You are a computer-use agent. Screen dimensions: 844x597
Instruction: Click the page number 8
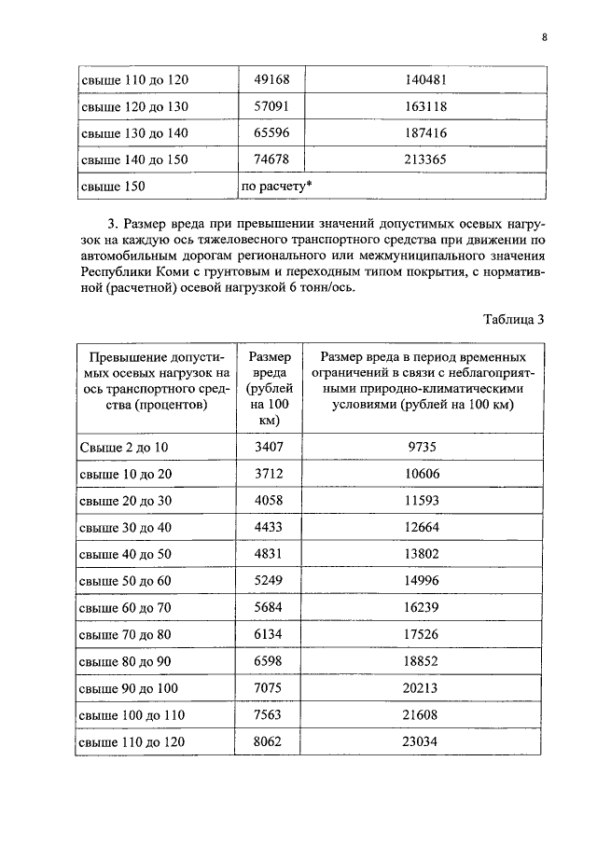[x=543, y=37]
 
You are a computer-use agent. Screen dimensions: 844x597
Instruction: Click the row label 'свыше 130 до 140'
[x=134, y=133]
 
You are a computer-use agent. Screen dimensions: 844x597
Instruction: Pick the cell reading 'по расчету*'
[x=276, y=187]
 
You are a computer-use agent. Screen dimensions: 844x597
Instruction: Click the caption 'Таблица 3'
[x=513, y=319]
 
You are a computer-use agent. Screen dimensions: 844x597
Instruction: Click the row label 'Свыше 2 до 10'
[x=125, y=448]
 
